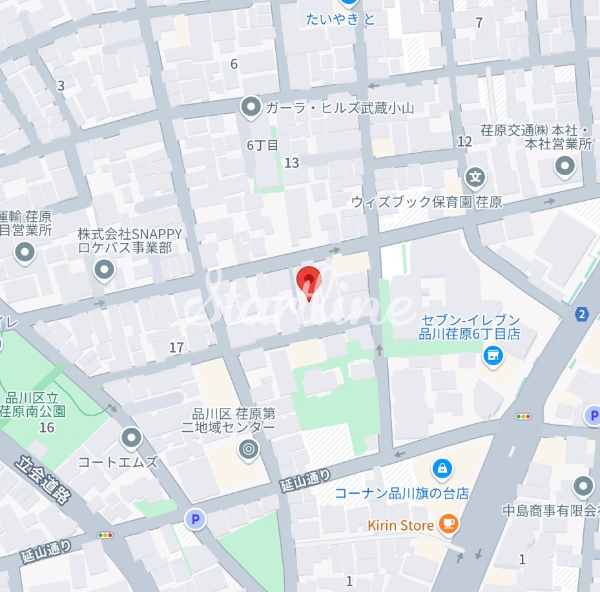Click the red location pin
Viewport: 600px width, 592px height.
(309, 282)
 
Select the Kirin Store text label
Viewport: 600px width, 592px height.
(400, 525)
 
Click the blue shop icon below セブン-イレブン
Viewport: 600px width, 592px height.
(493, 354)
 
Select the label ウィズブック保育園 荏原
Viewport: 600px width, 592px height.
(426, 202)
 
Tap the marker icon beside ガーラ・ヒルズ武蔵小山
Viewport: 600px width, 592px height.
(250, 107)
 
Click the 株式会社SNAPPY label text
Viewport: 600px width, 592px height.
(129, 233)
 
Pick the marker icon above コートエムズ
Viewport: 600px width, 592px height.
(132, 438)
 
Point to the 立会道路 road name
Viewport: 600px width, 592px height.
(44, 480)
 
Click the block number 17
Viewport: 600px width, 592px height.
(176, 348)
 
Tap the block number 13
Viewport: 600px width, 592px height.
(292, 163)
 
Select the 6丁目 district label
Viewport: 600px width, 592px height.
(262, 145)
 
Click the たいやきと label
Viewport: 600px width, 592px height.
(340, 19)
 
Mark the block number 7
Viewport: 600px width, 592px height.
(479, 23)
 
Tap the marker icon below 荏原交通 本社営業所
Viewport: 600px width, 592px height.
(566, 166)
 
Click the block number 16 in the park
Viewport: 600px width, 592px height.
(47, 428)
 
